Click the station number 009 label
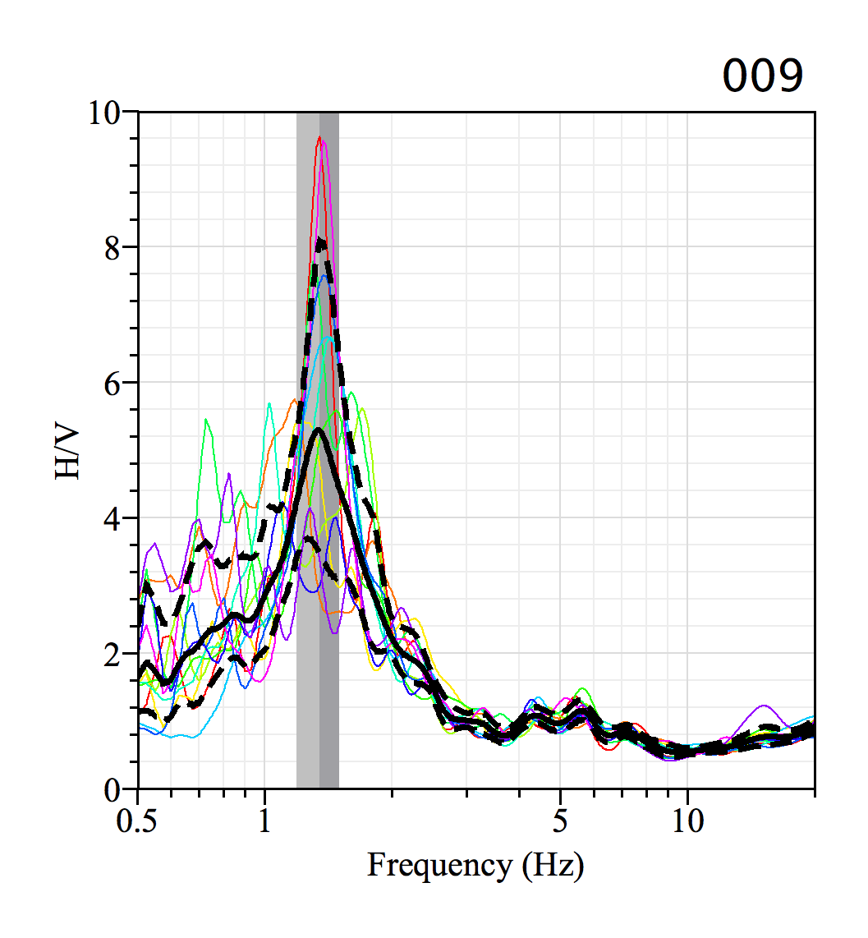(761, 76)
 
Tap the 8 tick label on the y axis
(113, 247)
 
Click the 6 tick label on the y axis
(113, 383)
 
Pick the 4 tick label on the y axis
(113, 518)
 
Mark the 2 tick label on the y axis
(113, 654)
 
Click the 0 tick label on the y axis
(113, 789)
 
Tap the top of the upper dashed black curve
(321, 240)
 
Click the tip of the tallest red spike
(319, 138)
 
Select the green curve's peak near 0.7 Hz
(206, 420)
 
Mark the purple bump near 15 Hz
(765, 706)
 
